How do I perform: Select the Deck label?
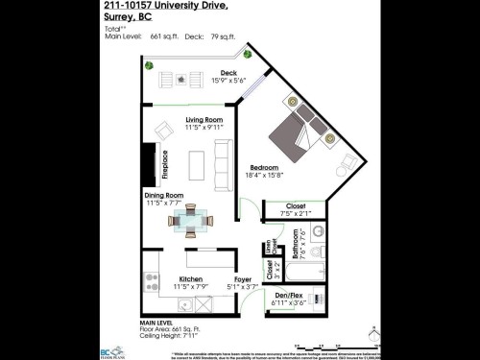click(228, 73)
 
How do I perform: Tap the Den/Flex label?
click(288, 295)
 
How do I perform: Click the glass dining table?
click(189, 221)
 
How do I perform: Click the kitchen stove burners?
click(151, 280)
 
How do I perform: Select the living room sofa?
click(223, 162)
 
